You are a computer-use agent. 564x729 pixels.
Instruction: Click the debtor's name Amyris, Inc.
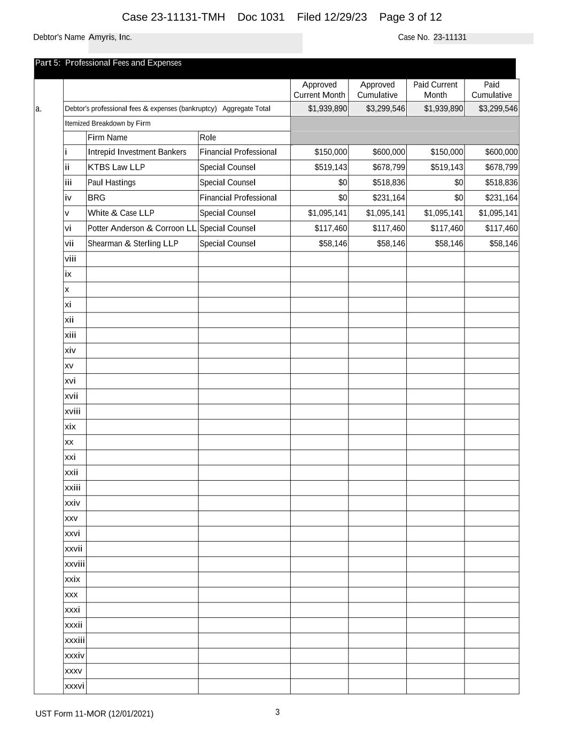pos(110,37)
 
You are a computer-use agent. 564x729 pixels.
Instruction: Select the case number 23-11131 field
pos(450,37)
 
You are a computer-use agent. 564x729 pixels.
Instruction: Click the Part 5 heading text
pos(108,63)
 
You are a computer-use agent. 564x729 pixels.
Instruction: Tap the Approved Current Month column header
pos(319,90)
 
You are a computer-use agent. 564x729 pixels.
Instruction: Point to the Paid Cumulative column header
pos(491,90)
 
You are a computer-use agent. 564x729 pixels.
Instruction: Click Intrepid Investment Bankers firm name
pos(137,152)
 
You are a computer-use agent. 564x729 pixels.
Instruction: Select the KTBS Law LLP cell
pos(116,167)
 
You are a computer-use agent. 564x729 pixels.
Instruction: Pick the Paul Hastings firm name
pos(111,183)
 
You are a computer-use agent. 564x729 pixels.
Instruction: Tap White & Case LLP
pos(121,213)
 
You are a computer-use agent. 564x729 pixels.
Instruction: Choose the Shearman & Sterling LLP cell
pos(133,244)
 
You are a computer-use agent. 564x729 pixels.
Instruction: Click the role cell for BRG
pos(238,198)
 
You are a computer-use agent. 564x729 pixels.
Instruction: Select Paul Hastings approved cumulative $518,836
pos(389,183)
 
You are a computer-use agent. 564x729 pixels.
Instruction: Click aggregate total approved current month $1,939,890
pos(328,109)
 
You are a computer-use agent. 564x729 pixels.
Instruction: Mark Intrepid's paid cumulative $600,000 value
pos(501,152)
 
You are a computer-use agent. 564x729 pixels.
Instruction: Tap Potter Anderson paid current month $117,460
pos(447,229)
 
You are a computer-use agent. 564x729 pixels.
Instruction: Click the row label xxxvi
pos(74,686)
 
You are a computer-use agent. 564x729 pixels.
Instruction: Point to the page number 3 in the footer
pos(277,712)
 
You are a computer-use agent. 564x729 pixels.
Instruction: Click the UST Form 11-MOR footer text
pos(94,714)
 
